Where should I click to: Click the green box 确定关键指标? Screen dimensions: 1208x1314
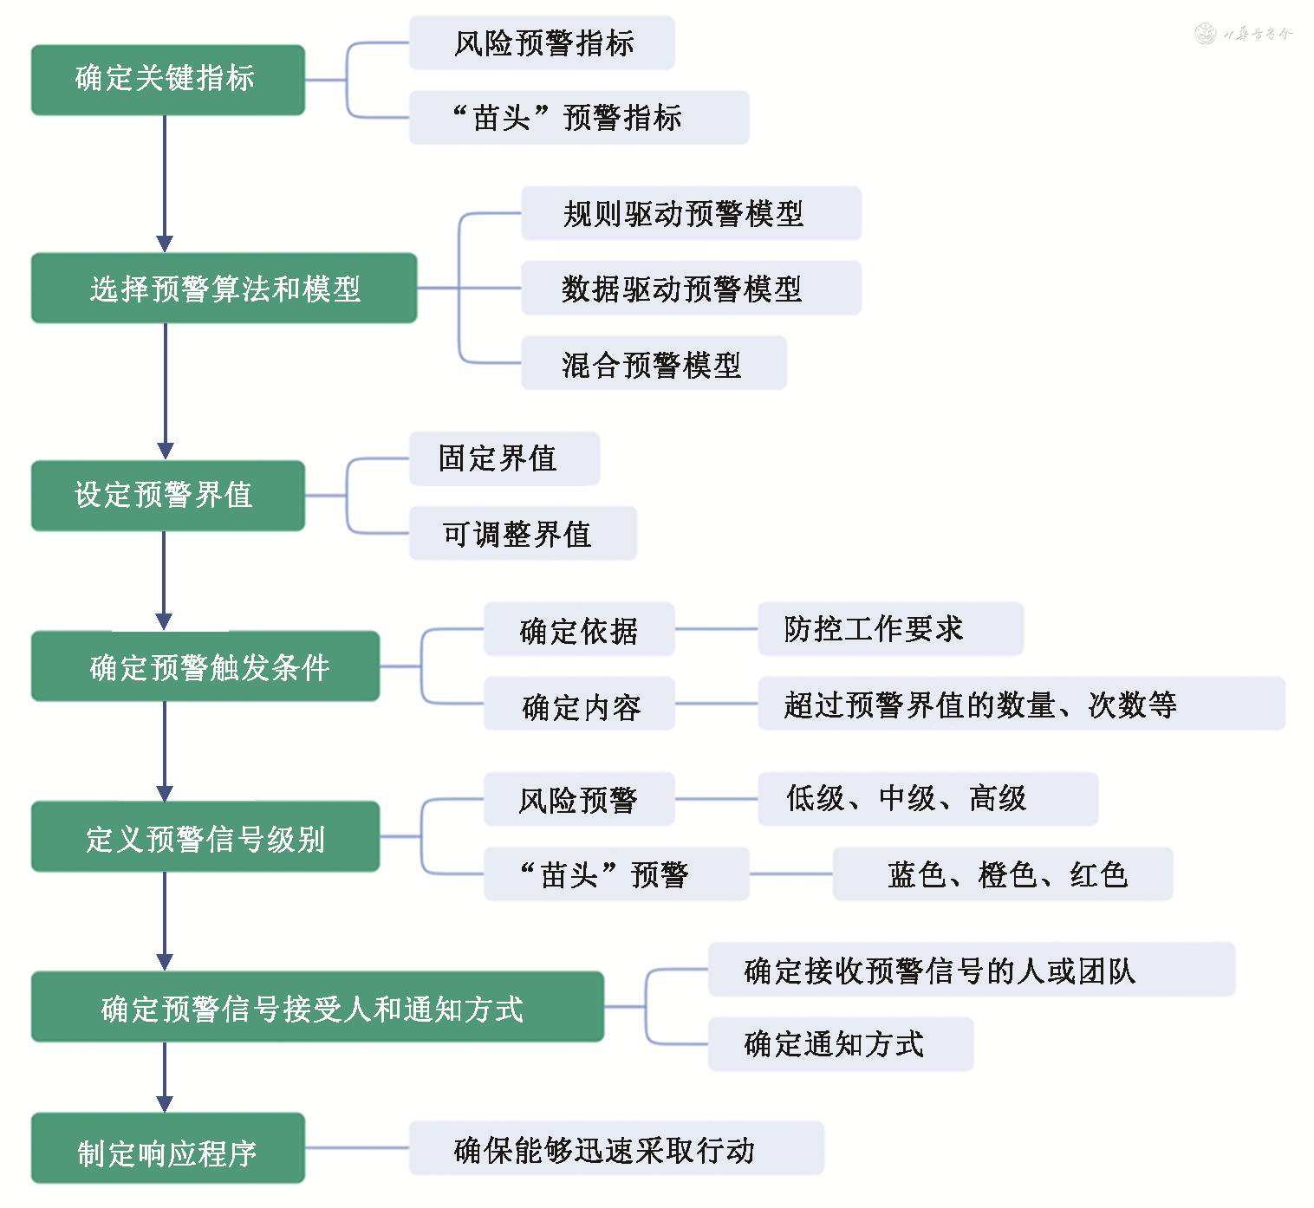tap(167, 80)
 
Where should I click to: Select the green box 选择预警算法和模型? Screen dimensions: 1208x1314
tap(224, 289)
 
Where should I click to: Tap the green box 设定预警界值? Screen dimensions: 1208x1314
tap(167, 496)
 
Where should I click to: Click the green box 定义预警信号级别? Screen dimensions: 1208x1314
tap(205, 836)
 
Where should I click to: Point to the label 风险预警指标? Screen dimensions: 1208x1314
tap(542, 43)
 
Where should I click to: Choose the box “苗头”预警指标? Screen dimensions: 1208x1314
tap(578, 118)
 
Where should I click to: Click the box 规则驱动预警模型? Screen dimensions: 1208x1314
tap(691, 213)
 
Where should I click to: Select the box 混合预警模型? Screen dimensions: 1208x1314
tap(654, 364)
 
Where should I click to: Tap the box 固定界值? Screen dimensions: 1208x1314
tap(504, 458)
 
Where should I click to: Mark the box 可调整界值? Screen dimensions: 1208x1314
tap(523, 534)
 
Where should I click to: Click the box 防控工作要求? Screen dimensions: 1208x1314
tap(890, 629)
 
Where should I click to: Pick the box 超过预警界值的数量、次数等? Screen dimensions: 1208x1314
tap(1020, 704)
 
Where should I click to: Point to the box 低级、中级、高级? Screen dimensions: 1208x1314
tap(927, 799)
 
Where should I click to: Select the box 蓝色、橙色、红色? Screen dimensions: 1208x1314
tap(1003, 874)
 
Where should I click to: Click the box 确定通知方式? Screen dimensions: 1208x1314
tap(840, 1044)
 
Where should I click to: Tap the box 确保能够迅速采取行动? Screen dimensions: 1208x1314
tap(615, 1148)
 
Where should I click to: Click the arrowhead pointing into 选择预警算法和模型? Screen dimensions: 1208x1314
tap(165, 244)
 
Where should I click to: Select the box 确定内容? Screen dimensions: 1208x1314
tap(579, 705)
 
